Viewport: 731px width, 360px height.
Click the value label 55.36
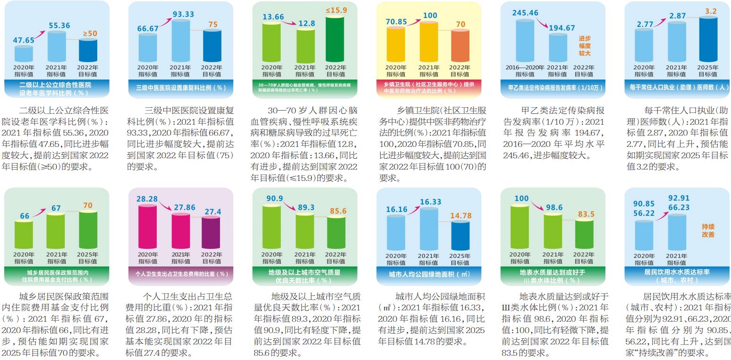click(x=59, y=26)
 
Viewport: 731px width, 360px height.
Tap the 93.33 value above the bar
click(x=183, y=14)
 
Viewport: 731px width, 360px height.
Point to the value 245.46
click(x=525, y=13)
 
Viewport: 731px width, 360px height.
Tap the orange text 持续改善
click(x=708, y=230)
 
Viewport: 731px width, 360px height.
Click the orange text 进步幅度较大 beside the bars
click(x=585, y=46)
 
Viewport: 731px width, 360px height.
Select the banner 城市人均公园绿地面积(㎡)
click(x=429, y=274)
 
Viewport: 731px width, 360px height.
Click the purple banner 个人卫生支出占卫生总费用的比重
click(x=181, y=274)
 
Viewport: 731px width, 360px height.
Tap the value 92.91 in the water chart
click(x=679, y=198)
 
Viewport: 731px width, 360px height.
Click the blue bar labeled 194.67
click(x=558, y=48)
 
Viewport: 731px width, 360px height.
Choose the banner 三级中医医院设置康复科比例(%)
click(x=181, y=87)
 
